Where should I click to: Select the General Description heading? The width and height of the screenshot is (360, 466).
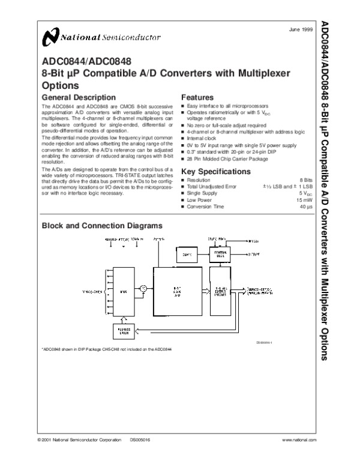78,97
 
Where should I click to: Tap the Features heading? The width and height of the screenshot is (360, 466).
197,97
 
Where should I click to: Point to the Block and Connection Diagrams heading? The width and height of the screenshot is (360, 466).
101,226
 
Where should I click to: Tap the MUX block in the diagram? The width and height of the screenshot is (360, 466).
122,292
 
